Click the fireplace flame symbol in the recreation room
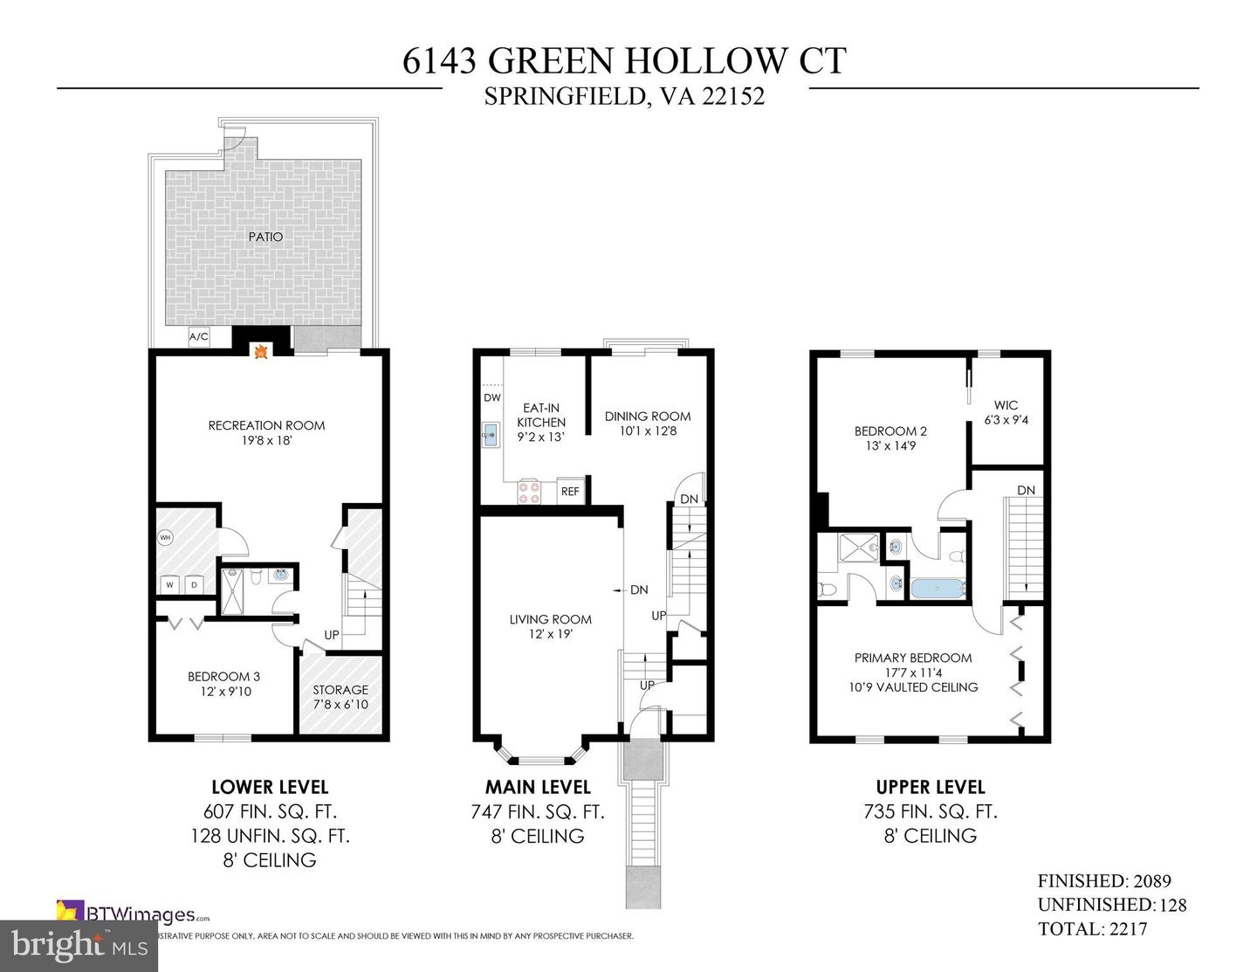coord(259,352)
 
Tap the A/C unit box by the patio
coord(199,337)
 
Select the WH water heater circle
coord(166,537)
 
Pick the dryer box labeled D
coord(194,583)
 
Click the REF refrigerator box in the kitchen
coord(570,491)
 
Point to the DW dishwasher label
coord(492,397)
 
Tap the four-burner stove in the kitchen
coord(529,492)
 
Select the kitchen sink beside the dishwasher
coord(490,433)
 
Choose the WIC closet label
coord(1006,405)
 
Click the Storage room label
coord(340,690)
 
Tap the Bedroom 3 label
coord(223,676)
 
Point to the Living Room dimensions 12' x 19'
coord(550,634)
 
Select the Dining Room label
coord(647,417)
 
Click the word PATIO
coord(264,237)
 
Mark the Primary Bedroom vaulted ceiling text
coord(913,686)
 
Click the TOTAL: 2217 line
coord(1092,929)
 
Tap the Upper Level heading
coord(931,787)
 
